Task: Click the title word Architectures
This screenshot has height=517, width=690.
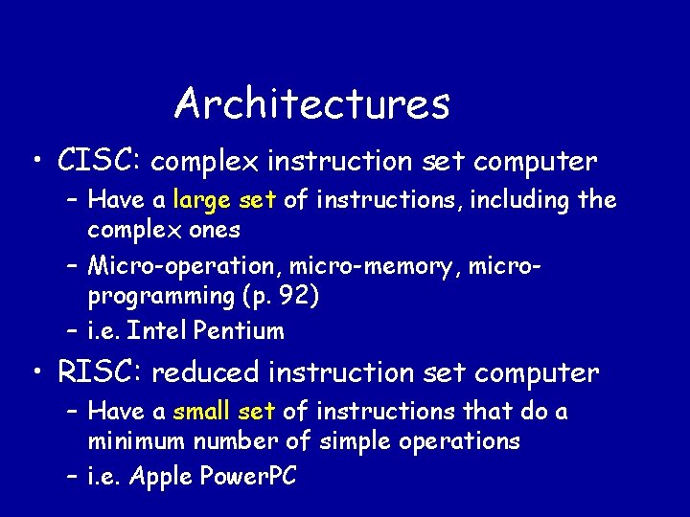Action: pyautogui.click(x=311, y=103)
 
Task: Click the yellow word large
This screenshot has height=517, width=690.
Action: pyautogui.click(x=202, y=200)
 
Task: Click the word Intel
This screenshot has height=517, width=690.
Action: pyautogui.click(x=157, y=331)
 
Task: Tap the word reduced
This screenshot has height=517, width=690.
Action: pyautogui.click(x=207, y=371)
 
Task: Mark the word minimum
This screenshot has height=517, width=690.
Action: pyautogui.click(x=138, y=441)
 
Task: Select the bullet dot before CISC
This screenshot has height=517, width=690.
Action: pyautogui.click(x=35, y=161)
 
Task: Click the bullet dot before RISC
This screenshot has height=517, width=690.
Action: pyautogui.click(x=35, y=371)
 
